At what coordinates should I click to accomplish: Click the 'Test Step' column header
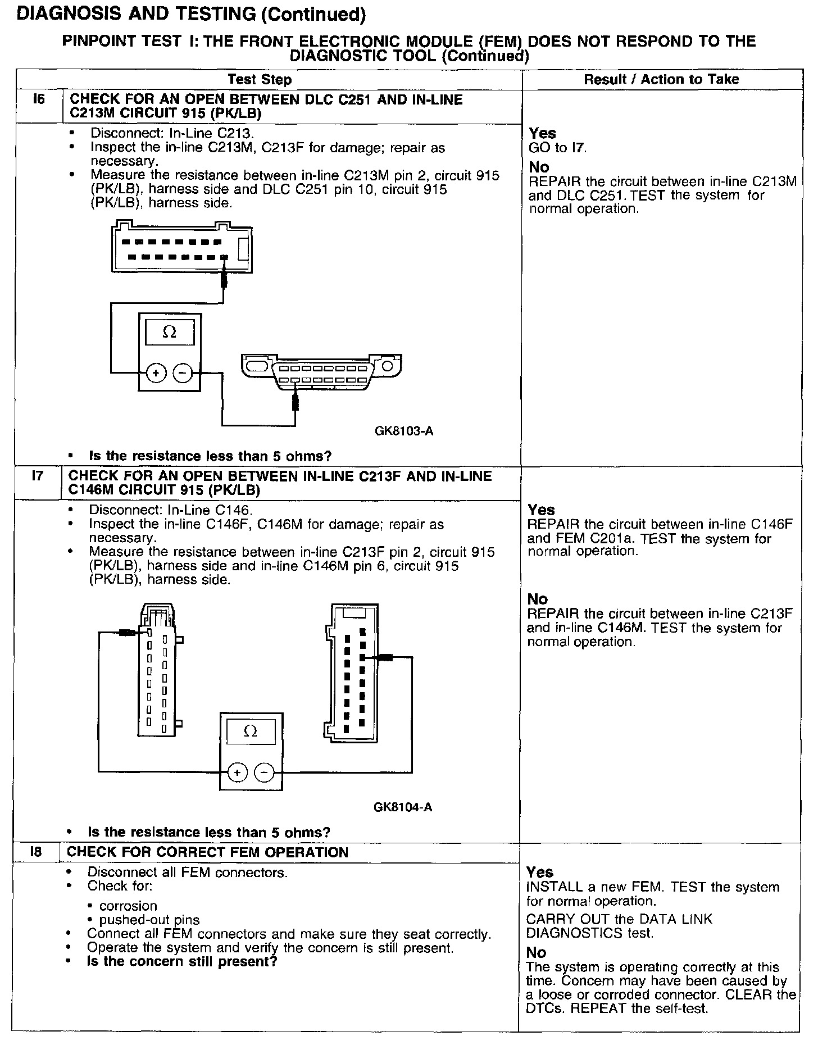click(260, 80)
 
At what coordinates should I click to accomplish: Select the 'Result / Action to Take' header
click(661, 79)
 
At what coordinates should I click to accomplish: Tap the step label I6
click(38, 100)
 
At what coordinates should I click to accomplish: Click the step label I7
click(37, 476)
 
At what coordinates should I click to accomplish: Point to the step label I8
click(35, 852)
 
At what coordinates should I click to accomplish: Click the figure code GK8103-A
click(404, 431)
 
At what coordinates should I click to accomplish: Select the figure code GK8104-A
click(403, 807)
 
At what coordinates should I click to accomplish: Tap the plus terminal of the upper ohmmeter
click(156, 372)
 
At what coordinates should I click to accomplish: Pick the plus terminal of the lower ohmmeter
click(237, 773)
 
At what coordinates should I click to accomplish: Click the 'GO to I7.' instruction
click(557, 148)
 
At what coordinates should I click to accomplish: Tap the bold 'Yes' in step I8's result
click(540, 872)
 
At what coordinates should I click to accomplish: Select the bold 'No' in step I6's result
click(539, 167)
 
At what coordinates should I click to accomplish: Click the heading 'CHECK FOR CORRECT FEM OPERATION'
click(208, 852)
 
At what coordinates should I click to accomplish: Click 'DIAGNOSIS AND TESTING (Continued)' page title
click(192, 15)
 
